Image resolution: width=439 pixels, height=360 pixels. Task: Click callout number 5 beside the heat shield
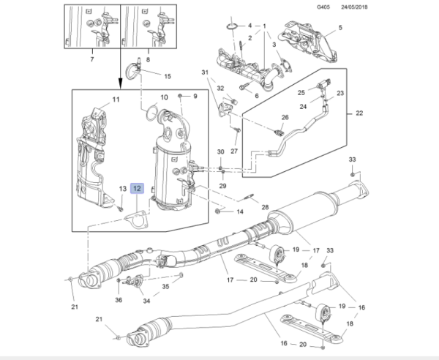click(339, 29)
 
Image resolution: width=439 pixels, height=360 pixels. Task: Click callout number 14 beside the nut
click(239, 212)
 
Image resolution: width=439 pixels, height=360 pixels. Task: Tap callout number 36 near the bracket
click(119, 299)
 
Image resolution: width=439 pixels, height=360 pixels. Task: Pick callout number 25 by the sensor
click(300, 92)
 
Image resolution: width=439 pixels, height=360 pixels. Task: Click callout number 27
click(235, 151)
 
